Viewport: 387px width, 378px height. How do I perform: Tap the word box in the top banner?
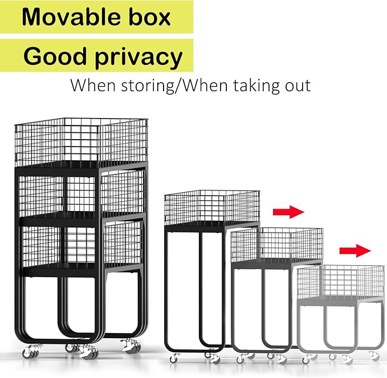150,17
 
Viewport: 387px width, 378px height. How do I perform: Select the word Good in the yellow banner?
55,56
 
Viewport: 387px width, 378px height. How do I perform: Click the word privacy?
138,58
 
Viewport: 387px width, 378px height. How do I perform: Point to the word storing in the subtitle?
148,86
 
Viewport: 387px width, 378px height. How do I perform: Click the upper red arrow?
288,212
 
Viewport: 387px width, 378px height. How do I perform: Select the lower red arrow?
355,251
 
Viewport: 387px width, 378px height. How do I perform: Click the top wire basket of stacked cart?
81,143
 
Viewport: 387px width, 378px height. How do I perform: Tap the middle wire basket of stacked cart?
82,194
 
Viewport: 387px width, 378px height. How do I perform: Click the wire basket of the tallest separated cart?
212,208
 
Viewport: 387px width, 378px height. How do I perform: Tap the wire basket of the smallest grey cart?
341,282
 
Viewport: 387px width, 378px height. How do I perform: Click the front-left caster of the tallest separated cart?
175,357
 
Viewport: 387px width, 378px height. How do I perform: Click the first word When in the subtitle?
93,86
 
